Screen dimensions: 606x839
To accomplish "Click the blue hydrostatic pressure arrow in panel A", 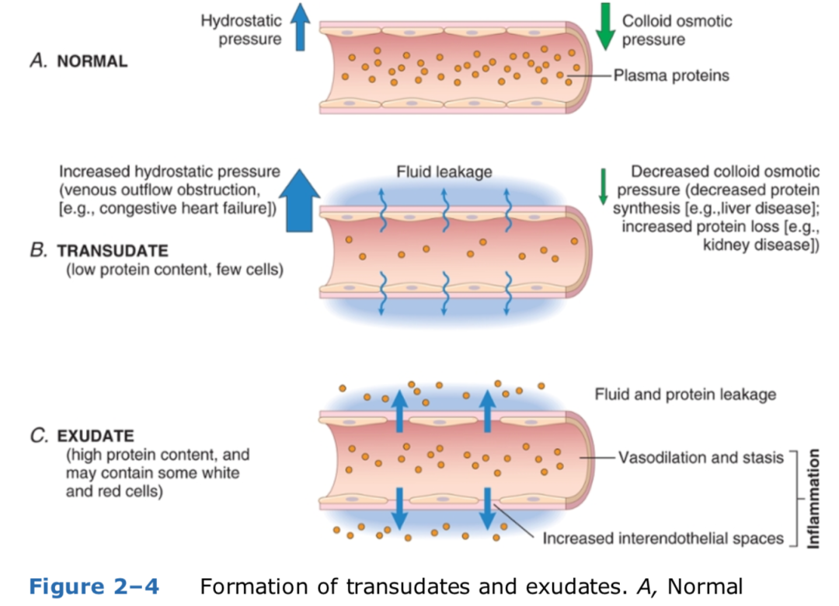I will (299, 30).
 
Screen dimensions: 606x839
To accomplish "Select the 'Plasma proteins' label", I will (671, 75).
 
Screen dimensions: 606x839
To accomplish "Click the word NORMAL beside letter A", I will (92, 62).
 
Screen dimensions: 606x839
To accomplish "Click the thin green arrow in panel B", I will (601, 187).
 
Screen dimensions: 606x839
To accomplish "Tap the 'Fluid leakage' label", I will (444, 172).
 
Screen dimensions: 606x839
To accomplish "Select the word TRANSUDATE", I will (113, 252).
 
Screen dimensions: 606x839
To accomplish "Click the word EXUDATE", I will (103, 436).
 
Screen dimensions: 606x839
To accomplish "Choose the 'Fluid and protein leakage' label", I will (685, 395).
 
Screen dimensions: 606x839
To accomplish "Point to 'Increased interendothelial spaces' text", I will (663, 538).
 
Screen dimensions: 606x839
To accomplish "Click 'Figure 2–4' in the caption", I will (93, 586).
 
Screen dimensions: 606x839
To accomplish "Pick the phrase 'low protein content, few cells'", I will (174, 270).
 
